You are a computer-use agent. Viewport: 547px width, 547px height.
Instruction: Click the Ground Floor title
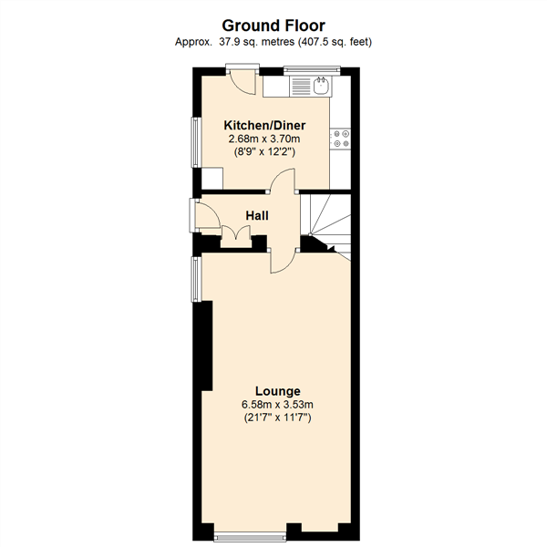[273, 26]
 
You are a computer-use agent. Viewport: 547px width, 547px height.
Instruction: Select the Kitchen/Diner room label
[264, 125]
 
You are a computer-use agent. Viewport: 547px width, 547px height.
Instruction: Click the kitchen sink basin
[321, 86]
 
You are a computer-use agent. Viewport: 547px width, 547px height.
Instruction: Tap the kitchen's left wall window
[194, 141]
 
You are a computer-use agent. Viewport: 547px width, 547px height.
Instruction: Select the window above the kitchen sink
[311, 68]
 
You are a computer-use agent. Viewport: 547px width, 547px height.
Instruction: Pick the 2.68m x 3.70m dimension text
[264, 139]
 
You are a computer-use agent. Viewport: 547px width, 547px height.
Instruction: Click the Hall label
[256, 215]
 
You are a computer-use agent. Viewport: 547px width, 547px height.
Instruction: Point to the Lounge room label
[277, 391]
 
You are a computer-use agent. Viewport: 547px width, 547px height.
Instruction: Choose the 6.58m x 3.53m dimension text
[277, 405]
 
